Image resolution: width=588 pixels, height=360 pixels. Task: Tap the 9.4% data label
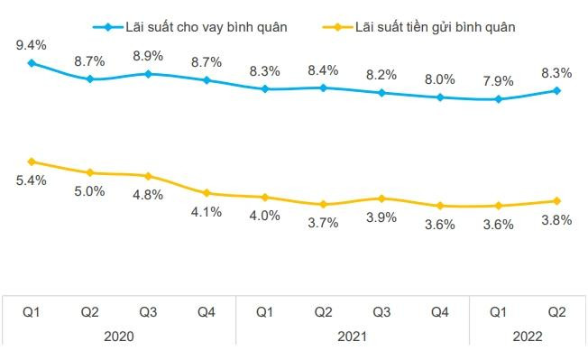click(31, 42)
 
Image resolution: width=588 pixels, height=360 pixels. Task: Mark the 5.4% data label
click(31, 180)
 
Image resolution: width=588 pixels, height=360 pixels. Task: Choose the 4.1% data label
click(207, 212)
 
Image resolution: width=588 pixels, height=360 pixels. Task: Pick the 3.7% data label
click(323, 223)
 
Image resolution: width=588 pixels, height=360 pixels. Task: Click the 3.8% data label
click(556, 220)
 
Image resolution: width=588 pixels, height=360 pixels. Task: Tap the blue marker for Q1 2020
click(31, 62)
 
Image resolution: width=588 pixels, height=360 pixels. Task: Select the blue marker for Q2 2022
click(557, 90)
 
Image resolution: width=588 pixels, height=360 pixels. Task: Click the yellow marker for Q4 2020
click(207, 193)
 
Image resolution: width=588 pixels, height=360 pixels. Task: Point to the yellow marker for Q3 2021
click(381, 198)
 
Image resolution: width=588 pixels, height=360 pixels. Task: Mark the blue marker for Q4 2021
click(440, 97)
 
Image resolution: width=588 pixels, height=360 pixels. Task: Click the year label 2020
click(118, 335)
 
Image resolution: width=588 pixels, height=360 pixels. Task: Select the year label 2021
click(353, 335)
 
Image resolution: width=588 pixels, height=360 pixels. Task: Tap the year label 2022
click(528, 335)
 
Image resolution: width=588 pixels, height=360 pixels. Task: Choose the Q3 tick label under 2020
click(148, 311)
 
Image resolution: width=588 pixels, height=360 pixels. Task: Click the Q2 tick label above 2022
click(557, 311)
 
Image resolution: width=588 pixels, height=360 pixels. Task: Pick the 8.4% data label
click(323, 69)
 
